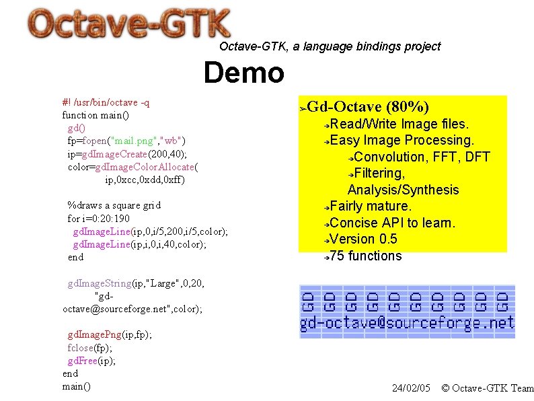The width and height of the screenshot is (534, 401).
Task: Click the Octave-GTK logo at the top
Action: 129,26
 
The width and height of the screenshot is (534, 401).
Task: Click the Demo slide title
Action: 243,73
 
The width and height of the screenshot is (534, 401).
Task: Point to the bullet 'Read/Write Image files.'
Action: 399,124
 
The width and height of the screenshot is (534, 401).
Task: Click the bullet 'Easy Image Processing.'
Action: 402,140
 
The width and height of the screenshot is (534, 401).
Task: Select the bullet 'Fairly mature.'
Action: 371,206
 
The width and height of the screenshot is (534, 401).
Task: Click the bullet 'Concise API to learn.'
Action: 393,223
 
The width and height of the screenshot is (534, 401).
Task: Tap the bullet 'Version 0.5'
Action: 364,239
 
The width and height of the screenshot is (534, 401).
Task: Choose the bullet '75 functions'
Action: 366,256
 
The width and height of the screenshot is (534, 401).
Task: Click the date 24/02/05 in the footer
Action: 410,388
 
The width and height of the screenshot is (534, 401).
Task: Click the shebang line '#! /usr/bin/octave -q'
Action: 106,102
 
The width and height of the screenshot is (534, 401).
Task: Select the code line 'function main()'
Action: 96,115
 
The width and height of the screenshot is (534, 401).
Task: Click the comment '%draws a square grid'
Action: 114,205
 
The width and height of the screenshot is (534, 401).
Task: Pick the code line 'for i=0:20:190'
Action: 99,219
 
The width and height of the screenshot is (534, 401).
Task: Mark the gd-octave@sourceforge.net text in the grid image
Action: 407,324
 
